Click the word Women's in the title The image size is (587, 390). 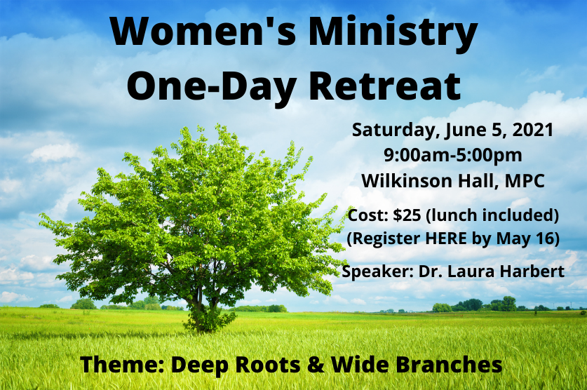click(x=203, y=31)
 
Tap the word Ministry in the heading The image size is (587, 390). click(x=393, y=34)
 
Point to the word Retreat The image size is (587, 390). click(x=385, y=86)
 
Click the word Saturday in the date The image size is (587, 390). click(x=396, y=130)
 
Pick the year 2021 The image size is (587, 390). click(x=533, y=130)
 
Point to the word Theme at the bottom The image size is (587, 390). click(x=123, y=365)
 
